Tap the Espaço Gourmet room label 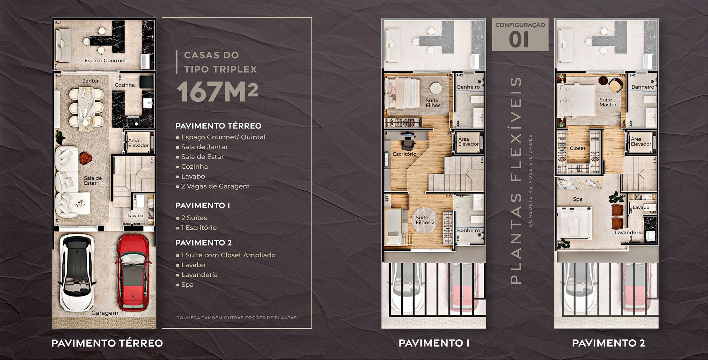point(105,61)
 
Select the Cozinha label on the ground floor point(124,85)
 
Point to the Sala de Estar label point(92,181)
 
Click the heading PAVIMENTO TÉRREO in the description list point(218,126)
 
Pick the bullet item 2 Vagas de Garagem point(215,186)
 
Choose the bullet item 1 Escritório point(198,228)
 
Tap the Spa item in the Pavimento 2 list point(187,284)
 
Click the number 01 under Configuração point(519,40)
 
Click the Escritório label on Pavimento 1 point(405,154)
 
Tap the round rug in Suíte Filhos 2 point(424,220)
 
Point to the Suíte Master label point(607,102)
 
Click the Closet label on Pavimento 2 point(577,148)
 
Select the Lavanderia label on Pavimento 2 point(628,233)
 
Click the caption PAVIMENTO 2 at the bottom point(608,343)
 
